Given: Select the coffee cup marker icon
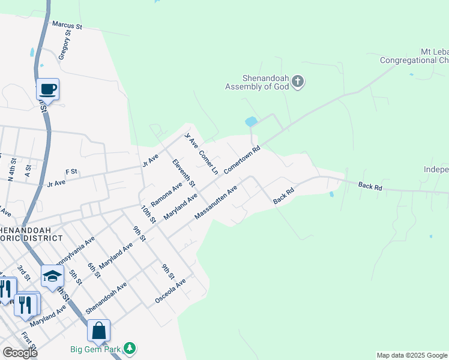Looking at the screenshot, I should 48,89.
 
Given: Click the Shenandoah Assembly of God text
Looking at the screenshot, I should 257,82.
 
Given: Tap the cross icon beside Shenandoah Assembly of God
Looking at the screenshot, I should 298,82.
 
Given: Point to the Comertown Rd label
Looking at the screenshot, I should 242,160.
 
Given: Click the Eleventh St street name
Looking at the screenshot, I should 184,172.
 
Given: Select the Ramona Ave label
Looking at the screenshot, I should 167,196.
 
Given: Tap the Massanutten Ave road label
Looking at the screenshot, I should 215,202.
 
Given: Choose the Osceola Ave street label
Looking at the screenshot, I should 170,290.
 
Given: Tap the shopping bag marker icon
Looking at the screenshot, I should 98,331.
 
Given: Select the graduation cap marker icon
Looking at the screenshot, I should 52,277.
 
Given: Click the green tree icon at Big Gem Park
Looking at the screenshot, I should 129,349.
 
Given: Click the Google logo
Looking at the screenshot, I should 20,353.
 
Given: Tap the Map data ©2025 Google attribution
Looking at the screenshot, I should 412,355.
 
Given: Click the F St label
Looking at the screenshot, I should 72,172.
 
